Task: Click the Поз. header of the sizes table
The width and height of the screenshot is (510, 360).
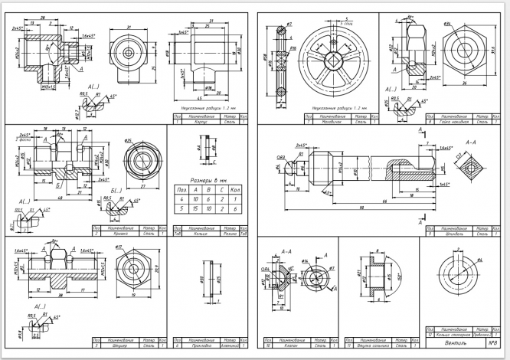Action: coord(181,188)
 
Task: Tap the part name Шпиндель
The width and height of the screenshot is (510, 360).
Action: coord(450,234)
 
